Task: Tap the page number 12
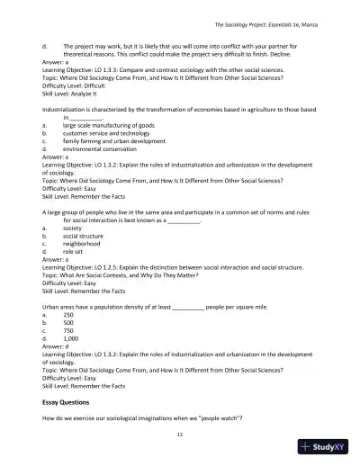(180, 435)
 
